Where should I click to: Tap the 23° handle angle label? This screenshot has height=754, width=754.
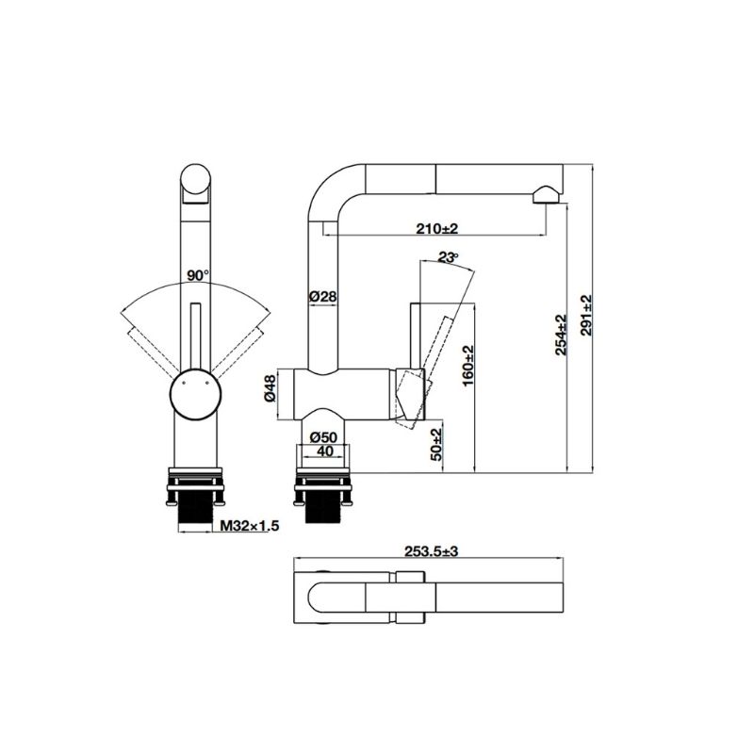click(x=449, y=256)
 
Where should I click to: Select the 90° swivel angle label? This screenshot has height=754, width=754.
click(x=196, y=275)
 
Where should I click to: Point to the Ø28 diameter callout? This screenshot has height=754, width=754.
click(x=323, y=296)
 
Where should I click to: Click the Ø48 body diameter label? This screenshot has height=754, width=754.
click(x=270, y=389)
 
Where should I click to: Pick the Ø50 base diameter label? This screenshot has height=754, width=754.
click(x=323, y=436)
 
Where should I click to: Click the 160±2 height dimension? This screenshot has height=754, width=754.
click(x=467, y=362)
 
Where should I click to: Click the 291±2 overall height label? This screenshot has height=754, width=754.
click(x=587, y=318)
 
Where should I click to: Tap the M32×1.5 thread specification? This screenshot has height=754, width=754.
click(x=250, y=527)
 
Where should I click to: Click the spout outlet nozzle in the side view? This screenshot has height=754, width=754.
click(x=544, y=195)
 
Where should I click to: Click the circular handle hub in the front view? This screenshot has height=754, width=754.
click(x=194, y=393)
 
